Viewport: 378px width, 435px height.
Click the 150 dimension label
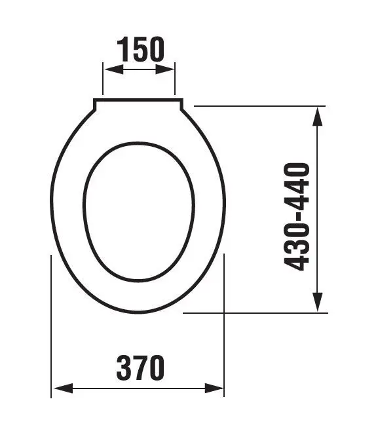(x=141, y=49)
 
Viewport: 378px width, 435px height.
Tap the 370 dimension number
(x=140, y=368)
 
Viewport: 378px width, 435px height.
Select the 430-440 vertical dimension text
(x=297, y=217)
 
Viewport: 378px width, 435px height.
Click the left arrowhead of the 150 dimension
(x=114, y=69)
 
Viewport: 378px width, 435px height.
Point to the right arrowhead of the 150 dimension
(x=165, y=69)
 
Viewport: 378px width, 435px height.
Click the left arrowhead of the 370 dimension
(x=64, y=388)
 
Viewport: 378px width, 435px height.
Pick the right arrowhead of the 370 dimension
(x=214, y=388)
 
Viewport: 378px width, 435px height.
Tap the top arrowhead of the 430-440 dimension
(x=318, y=117)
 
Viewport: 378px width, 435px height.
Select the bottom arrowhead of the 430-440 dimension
(x=318, y=302)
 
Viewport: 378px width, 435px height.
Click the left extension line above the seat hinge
(x=103, y=79)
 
